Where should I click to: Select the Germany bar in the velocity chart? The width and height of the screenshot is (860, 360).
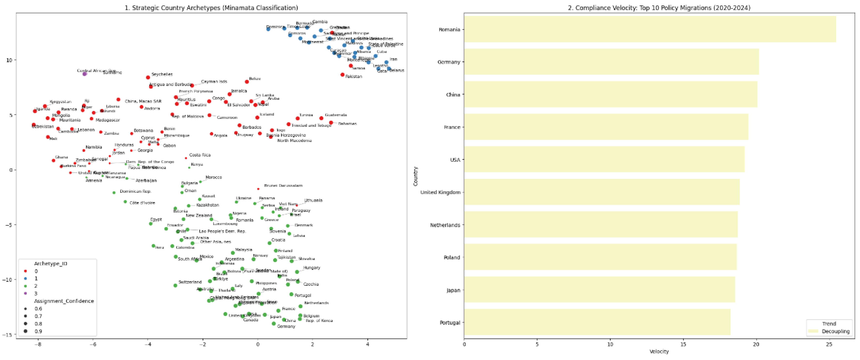tap(611, 62)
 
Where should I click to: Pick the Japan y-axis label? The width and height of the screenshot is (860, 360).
tap(453, 290)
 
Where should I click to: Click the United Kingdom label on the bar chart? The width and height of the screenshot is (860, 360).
tap(440, 192)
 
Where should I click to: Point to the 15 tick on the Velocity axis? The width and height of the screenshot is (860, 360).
tap(683, 344)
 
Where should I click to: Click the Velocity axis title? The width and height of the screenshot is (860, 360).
tap(659, 351)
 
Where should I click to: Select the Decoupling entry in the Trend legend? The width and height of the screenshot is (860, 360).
tap(835, 331)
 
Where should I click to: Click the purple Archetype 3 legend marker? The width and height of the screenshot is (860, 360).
tap(25, 293)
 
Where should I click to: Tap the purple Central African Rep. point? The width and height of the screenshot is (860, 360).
tap(85, 74)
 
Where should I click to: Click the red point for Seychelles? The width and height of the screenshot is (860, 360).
tap(148, 78)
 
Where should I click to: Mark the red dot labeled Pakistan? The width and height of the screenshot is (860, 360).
tap(342, 75)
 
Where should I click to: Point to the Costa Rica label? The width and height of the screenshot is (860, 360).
tap(200, 155)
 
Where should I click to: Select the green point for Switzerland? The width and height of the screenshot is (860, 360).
tap(175, 286)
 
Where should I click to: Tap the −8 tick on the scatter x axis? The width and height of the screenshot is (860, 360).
tap(38, 344)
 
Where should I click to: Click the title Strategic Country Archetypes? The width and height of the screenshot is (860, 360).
tap(211, 7)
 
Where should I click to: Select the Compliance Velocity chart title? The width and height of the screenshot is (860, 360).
tap(659, 7)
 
